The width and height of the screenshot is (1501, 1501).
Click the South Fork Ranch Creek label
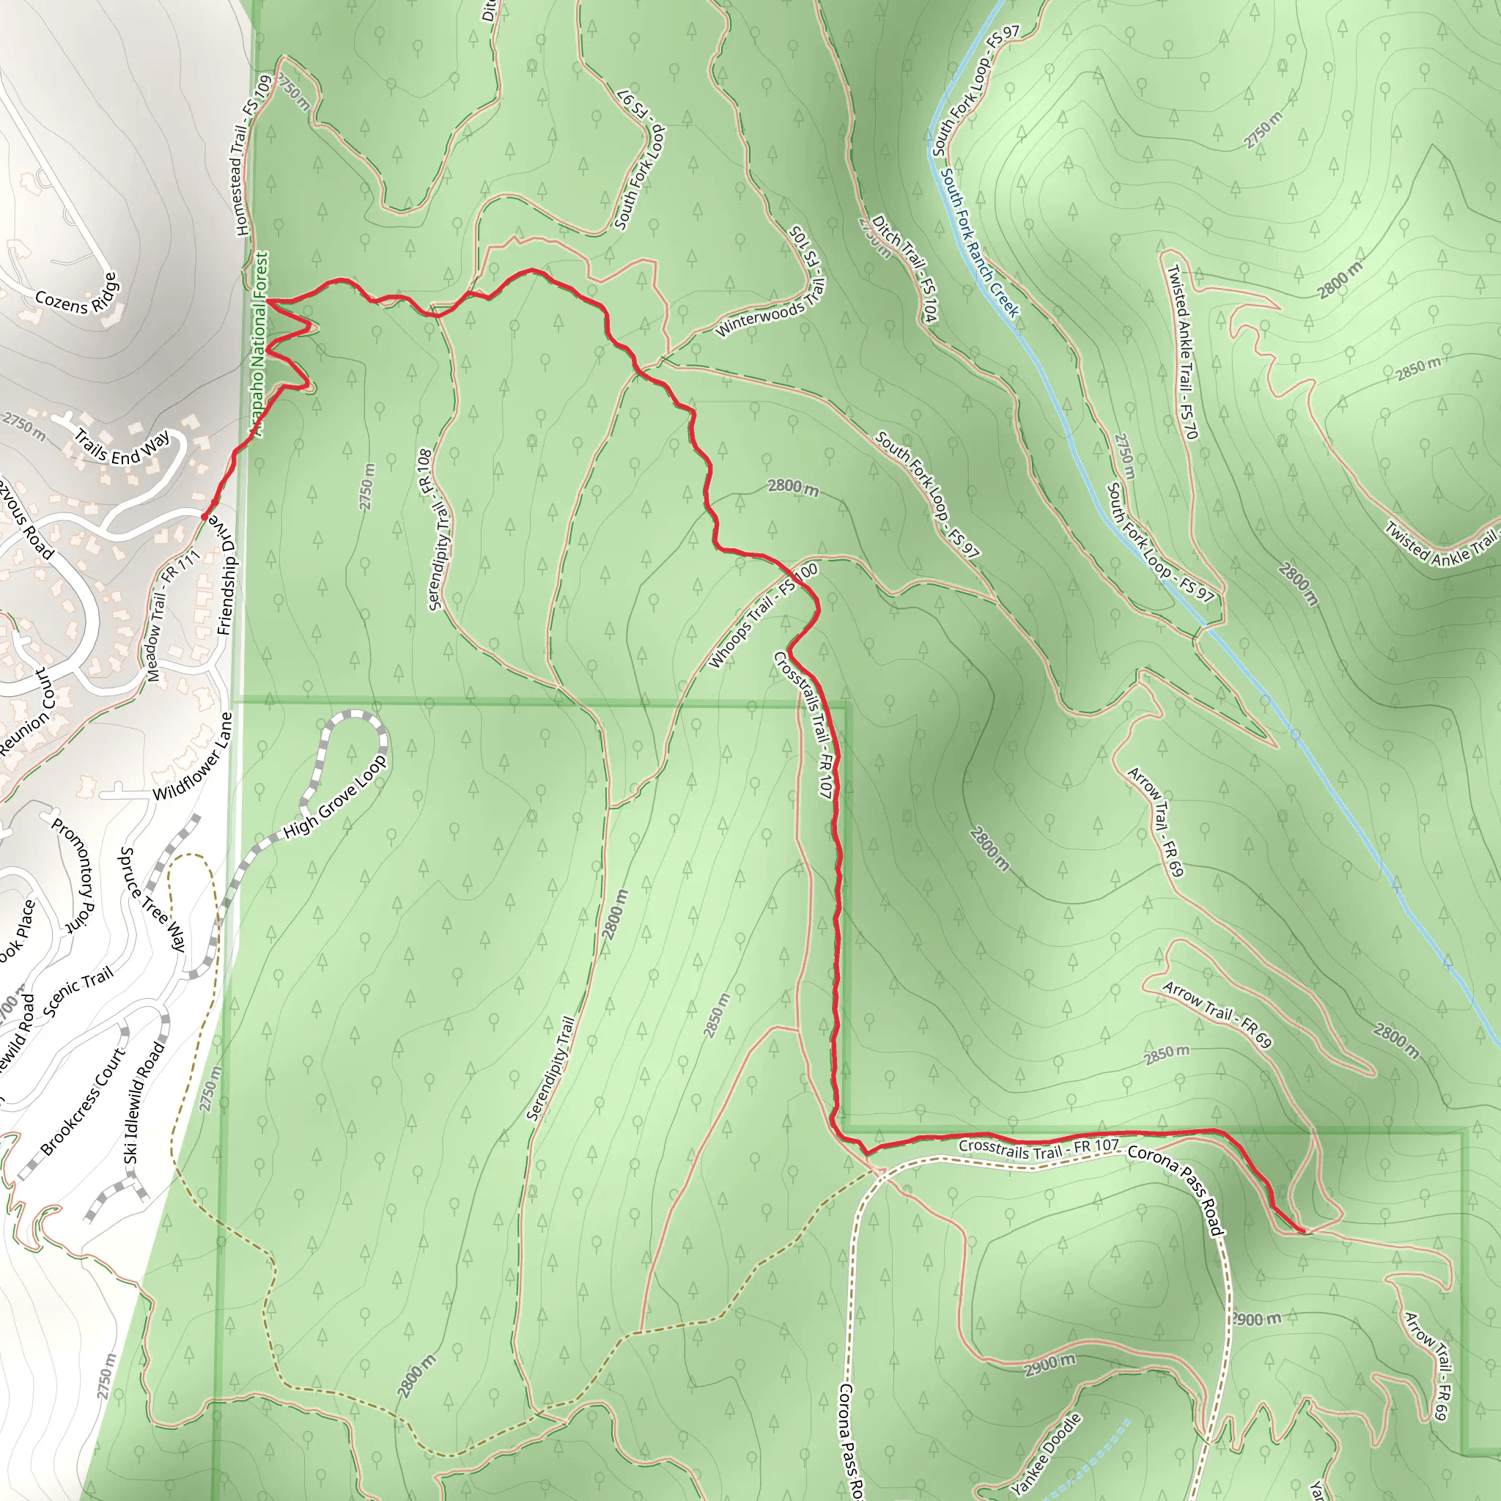point(979,243)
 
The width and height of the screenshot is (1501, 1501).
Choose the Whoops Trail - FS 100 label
point(763,616)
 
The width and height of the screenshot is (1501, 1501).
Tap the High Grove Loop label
point(335,797)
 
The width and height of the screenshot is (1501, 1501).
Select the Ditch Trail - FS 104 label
point(906,268)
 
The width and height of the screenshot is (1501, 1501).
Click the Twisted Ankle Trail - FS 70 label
point(1182,352)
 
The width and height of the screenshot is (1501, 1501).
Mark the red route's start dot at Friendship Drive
point(204,517)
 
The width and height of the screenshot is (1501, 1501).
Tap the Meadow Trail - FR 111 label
point(173,616)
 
